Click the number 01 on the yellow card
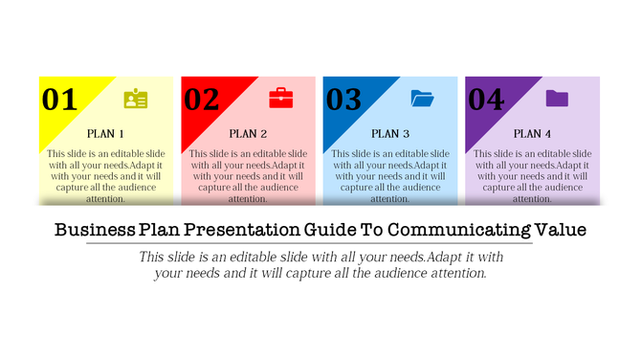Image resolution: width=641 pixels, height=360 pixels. point(59,100)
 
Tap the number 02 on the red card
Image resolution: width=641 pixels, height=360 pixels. point(201,100)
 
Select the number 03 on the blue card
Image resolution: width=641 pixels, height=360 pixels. point(343,100)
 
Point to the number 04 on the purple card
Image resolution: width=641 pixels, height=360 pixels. point(485,100)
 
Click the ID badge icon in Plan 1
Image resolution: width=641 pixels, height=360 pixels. point(136,99)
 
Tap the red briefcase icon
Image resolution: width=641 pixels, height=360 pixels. point(280,98)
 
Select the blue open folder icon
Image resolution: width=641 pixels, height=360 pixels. point(422,98)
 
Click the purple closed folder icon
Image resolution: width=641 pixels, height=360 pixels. point(557,98)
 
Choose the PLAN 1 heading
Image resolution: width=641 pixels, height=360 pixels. point(105,134)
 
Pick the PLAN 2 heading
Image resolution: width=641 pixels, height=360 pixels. point(248,134)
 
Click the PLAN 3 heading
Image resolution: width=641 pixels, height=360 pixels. point(390,134)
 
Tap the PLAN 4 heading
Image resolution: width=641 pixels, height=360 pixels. point(532,134)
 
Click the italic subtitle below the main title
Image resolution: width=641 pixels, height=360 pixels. point(320,265)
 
